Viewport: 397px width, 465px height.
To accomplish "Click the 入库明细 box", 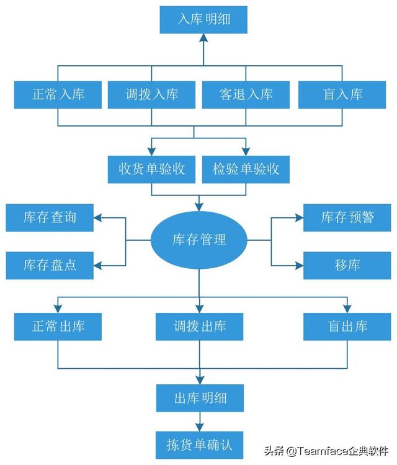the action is (x=203, y=20).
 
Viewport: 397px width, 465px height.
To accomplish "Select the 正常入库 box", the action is (x=58, y=94).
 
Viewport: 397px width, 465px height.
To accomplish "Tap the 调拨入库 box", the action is (x=151, y=94).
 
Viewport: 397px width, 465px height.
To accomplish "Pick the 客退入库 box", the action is (x=246, y=94).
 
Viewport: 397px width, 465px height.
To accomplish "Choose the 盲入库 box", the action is (x=342, y=94).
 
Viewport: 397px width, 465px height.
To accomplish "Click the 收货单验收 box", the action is (x=151, y=169).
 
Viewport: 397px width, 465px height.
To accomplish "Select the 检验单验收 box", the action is (x=246, y=169).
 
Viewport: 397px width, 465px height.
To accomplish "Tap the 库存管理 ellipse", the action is (x=198, y=240).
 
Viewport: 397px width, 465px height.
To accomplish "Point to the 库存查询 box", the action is (x=50, y=218).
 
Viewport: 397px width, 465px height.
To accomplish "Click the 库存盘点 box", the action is (x=50, y=266).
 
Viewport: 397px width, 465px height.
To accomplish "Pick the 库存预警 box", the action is (x=347, y=218).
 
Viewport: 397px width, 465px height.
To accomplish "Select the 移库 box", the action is (x=347, y=266).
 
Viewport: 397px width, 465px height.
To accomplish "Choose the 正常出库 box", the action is (x=58, y=327).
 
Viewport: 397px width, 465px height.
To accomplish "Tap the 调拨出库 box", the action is (x=199, y=327).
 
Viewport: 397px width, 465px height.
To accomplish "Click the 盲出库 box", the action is (x=347, y=327).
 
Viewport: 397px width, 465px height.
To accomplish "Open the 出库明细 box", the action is (x=200, y=398).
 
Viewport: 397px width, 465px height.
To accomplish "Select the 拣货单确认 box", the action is (x=199, y=445).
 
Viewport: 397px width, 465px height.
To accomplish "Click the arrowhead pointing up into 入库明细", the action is (x=203, y=38).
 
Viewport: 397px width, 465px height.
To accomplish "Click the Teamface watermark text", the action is (x=326, y=451).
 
